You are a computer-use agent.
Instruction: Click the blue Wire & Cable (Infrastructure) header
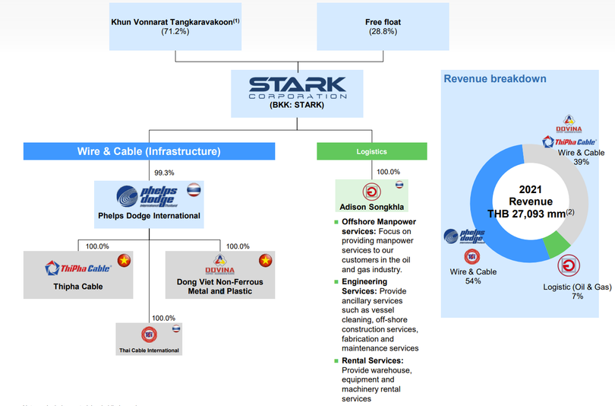149,151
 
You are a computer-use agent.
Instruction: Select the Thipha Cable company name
78,287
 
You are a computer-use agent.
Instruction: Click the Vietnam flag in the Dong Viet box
265,262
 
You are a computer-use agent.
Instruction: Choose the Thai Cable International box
149,339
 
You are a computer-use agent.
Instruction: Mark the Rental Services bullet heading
372,360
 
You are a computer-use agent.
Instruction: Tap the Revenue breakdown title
495,79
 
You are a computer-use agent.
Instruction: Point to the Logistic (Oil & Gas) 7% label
577,291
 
